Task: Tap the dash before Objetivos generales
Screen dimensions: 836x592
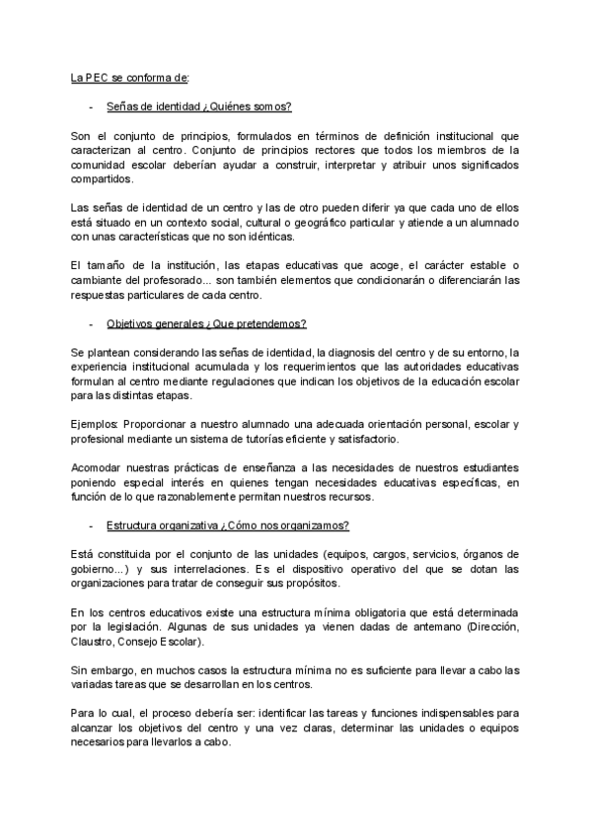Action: [x=91, y=323]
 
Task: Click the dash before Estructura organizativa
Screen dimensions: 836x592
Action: [x=91, y=525]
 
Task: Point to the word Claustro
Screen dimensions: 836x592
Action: [x=98, y=642]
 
